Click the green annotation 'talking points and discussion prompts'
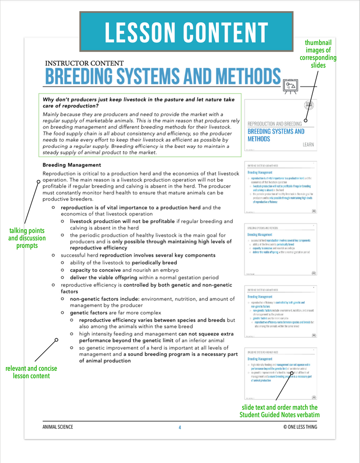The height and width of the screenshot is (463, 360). (x=27, y=238)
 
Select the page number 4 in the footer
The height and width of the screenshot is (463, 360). (x=180, y=427)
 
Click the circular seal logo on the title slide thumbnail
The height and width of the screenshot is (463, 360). (x=309, y=105)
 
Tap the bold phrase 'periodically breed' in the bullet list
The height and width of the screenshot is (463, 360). (x=154, y=263)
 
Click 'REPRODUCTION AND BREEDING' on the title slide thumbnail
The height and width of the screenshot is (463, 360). (x=274, y=123)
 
